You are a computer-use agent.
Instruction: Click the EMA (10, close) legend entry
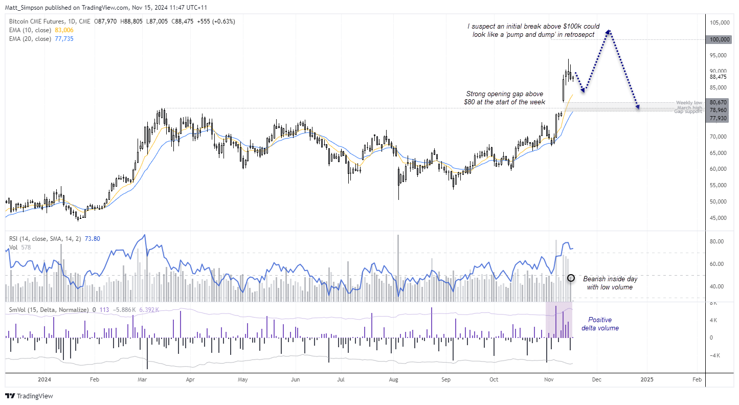[x=30, y=31]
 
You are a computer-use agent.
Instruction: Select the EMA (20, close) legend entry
[x=30, y=39]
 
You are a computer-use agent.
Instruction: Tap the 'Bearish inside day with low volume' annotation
[x=610, y=283]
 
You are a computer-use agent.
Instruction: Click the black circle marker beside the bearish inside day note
[x=572, y=278]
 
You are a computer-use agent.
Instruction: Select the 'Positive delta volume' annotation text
[x=599, y=324]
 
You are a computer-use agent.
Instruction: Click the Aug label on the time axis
[x=394, y=380]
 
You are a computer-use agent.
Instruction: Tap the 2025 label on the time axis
[x=647, y=380]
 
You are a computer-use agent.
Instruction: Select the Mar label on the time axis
[x=143, y=380]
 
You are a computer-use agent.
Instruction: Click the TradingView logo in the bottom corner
[x=29, y=396]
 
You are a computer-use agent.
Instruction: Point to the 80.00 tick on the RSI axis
[x=718, y=241]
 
